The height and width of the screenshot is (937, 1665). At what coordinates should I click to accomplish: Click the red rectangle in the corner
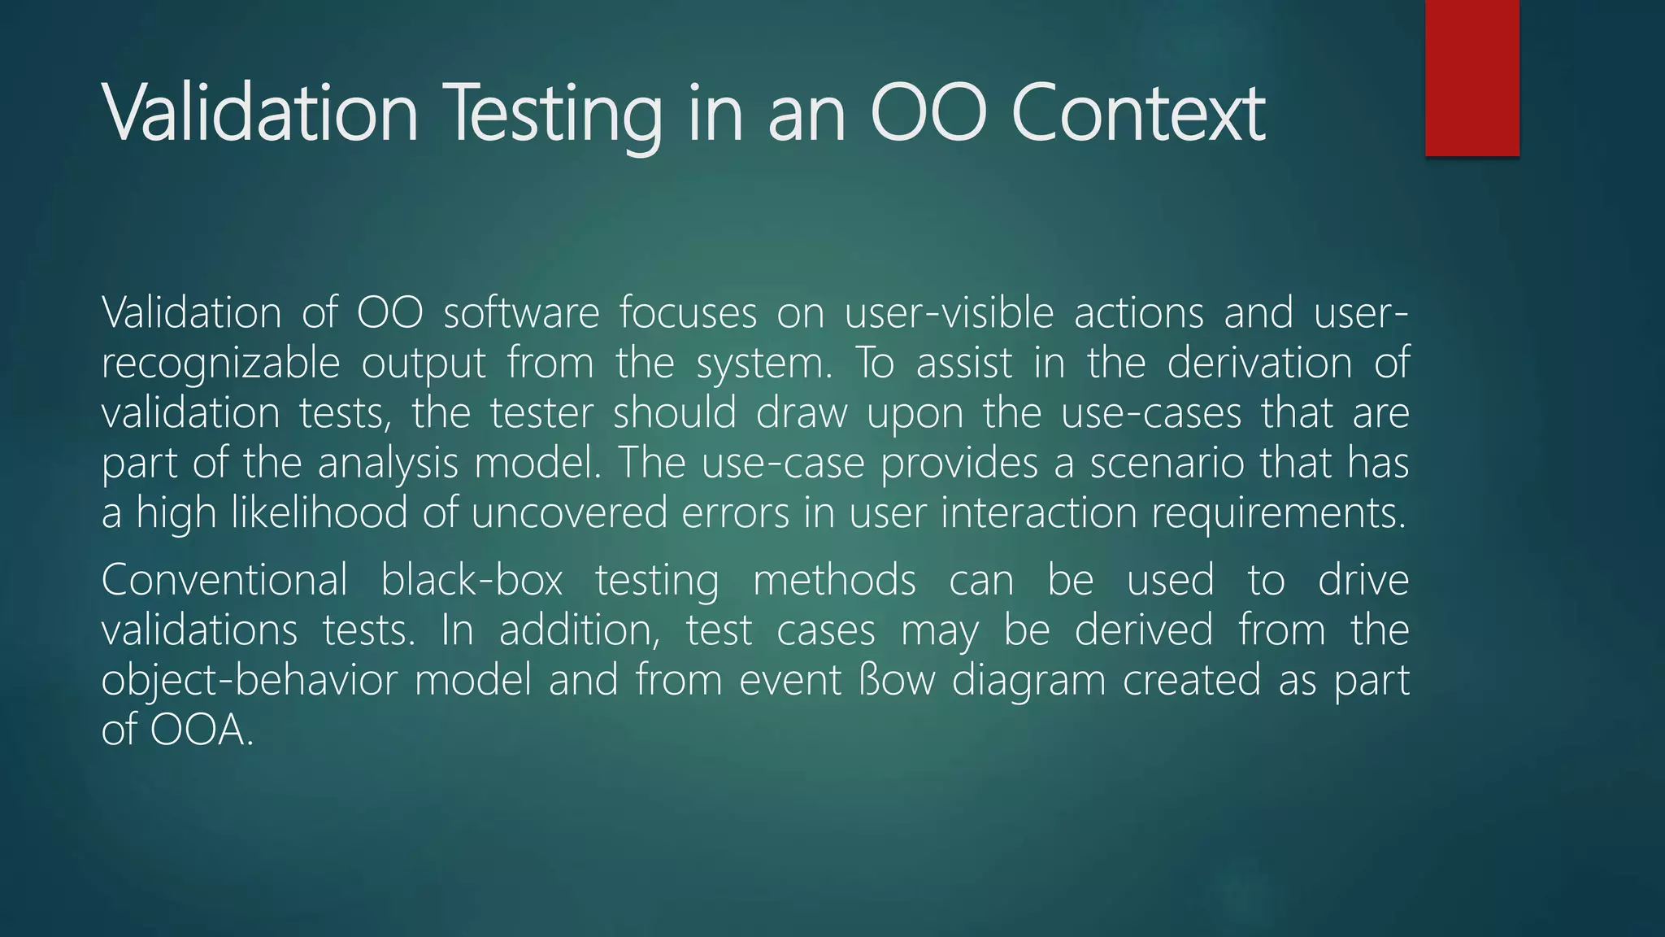pyautogui.click(x=1472, y=77)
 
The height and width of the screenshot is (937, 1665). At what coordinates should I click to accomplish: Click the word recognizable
pyautogui.click(x=220, y=364)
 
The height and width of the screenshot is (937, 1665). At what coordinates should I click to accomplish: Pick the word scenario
pyautogui.click(x=1167, y=464)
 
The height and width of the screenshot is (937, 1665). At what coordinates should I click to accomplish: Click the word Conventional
pyautogui.click(x=224, y=581)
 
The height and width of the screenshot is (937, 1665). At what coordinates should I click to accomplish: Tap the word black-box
pyautogui.click(x=472, y=581)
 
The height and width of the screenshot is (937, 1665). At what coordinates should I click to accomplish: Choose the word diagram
pyautogui.click(x=1028, y=682)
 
